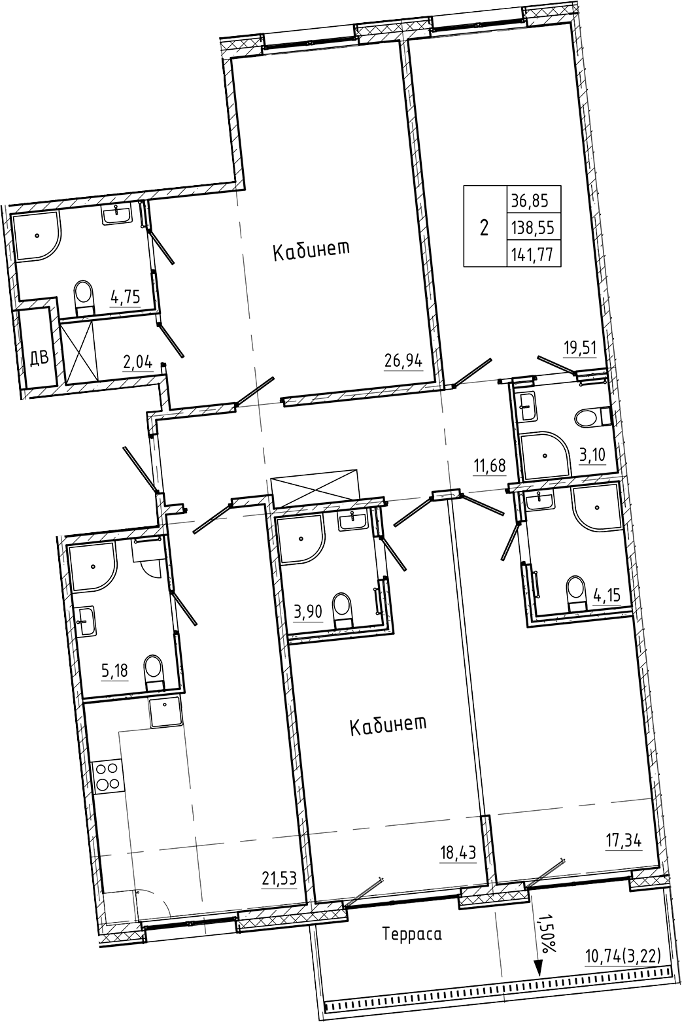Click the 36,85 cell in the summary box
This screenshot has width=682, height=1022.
point(534,199)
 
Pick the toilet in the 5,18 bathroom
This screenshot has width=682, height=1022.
point(154,670)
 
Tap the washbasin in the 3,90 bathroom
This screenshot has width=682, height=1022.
point(353,521)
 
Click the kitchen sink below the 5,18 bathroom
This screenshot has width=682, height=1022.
point(164,712)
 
